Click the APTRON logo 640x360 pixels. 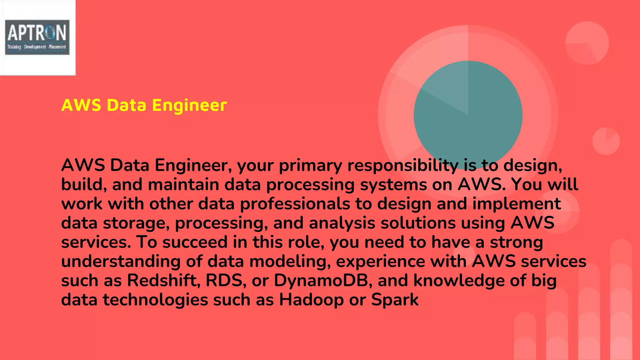click(37, 37)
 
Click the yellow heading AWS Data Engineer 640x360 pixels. click(144, 105)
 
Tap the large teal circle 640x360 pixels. click(468, 115)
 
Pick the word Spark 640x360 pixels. click(395, 300)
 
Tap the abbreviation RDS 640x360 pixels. click(224, 280)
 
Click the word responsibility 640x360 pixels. click(403, 165)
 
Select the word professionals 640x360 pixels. click(295, 204)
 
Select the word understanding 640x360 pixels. click(121, 261)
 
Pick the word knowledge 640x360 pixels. click(459, 280)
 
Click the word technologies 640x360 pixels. click(156, 300)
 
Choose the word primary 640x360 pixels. click(310, 165)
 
